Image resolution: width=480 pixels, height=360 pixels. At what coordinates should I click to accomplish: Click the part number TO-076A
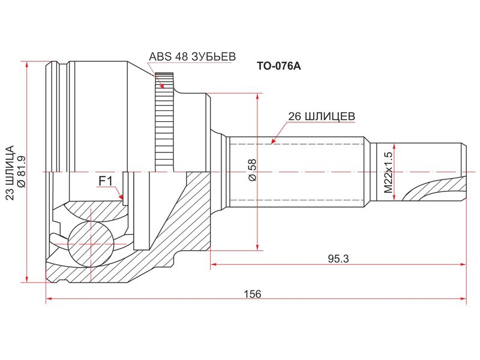(278, 66)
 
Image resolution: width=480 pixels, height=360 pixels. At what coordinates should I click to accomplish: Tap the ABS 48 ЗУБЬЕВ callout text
(192, 56)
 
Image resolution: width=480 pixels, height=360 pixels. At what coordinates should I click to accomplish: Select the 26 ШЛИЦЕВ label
(322, 116)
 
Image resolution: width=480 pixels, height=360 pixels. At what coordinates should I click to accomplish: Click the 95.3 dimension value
(338, 259)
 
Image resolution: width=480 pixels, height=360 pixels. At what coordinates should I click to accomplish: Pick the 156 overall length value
(253, 294)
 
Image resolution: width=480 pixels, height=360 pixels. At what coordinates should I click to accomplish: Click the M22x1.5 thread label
(388, 172)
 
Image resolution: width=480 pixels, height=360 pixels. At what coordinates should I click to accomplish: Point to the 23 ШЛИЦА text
(10, 173)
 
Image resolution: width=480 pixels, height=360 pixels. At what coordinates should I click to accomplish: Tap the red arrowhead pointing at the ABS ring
(163, 85)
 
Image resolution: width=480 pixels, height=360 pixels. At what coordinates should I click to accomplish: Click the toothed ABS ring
(164, 122)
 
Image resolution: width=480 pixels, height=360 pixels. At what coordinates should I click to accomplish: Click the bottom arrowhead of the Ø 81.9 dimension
(27, 277)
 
